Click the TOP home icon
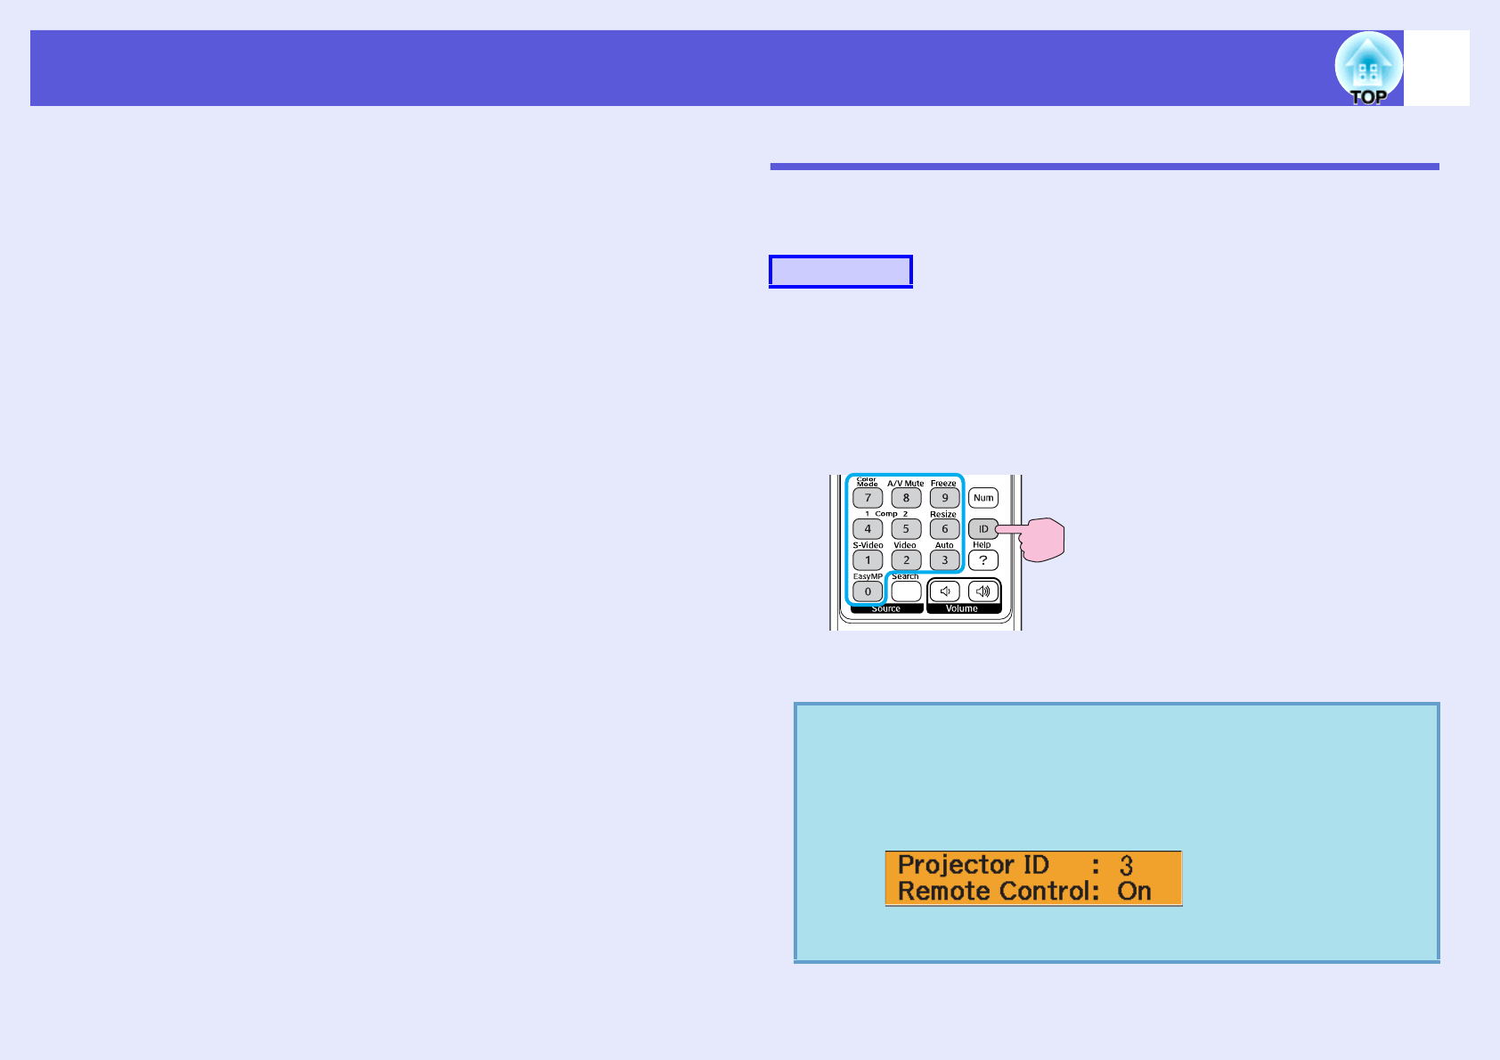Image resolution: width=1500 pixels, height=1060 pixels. [1368, 69]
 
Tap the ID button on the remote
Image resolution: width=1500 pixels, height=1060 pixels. [982, 529]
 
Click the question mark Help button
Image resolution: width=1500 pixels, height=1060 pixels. [982, 560]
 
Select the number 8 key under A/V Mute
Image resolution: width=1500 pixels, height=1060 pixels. [906, 498]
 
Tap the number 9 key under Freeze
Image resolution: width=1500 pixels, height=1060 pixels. [944, 498]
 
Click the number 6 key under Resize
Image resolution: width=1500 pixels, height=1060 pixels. [944, 529]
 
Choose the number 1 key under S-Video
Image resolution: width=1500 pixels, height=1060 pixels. [868, 560]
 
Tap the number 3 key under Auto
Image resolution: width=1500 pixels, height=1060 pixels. [944, 560]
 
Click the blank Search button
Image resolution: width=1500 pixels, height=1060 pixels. [906, 591]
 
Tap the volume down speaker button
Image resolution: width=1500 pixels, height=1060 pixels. [945, 591]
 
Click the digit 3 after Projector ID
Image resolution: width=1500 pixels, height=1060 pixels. [1126, 865]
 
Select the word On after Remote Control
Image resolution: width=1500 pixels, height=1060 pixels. [1134, 892]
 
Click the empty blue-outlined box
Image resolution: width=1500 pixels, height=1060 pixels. [841, 271]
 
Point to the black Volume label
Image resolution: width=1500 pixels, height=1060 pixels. [962, 609]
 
